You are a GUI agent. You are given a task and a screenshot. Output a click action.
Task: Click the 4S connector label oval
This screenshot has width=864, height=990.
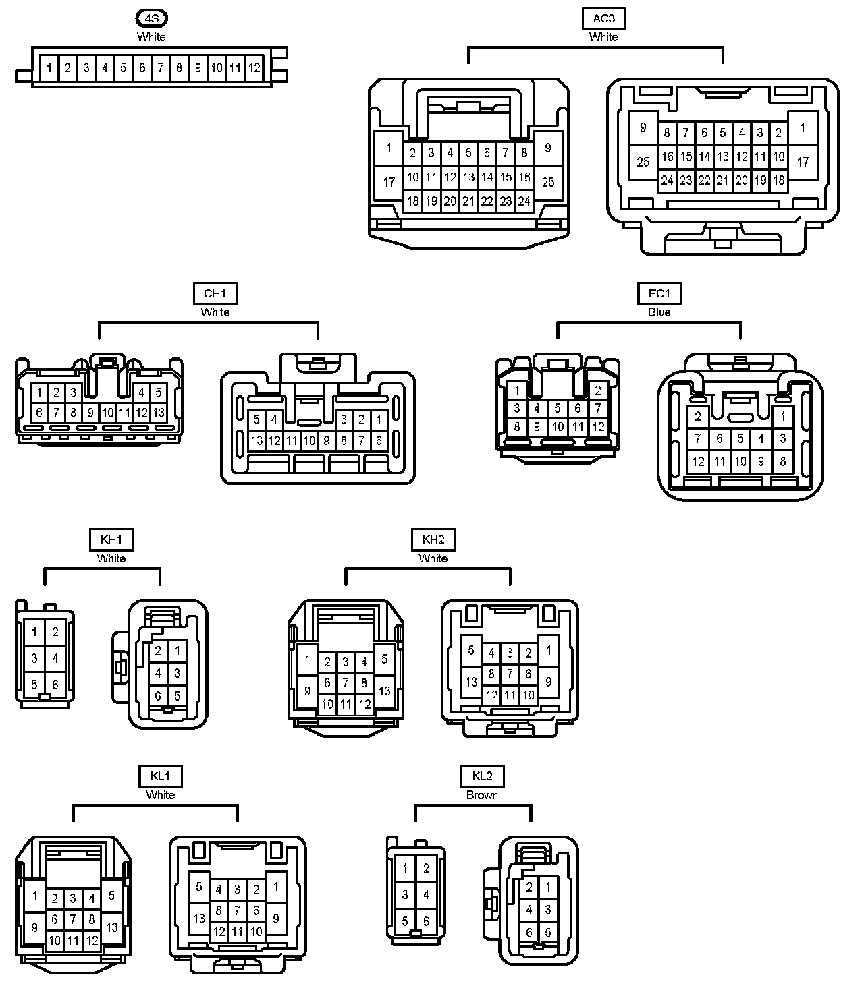point(151,19)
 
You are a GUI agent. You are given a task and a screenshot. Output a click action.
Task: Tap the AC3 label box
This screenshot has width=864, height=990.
point(603,19)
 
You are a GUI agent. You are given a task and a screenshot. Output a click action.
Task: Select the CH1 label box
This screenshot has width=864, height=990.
point(215,294)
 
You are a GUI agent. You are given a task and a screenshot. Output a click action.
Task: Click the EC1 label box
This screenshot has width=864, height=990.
point(659,294)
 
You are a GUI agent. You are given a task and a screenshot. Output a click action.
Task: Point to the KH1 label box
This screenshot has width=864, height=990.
point(111,540)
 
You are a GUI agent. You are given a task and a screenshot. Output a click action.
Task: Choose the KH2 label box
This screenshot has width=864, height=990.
point(433,540)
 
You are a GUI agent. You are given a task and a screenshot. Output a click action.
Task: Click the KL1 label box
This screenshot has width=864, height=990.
point(160,776)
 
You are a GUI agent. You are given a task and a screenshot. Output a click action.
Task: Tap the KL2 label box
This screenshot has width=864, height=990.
point(483,776)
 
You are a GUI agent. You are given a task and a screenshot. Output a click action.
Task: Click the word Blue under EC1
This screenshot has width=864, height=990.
point(659,312)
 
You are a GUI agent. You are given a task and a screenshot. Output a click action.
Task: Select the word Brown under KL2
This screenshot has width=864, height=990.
point(483,795)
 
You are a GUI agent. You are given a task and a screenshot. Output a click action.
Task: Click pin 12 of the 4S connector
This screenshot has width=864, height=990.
point(254,68)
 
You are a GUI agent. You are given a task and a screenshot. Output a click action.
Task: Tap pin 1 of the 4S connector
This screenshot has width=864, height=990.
point(49,68)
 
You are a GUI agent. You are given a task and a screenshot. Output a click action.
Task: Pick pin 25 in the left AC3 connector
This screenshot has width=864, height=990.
point(548,182)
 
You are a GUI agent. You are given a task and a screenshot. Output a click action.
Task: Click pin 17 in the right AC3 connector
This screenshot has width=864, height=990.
point(803,163)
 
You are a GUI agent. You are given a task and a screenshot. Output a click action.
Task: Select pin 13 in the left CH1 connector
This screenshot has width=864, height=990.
point(159,412)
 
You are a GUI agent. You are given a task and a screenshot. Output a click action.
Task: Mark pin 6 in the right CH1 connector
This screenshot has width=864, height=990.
point(379,440)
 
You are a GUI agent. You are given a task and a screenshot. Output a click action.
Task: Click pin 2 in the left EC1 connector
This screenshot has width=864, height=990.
point(598,391)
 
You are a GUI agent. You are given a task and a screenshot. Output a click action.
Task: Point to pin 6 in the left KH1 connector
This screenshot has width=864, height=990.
point(55,685)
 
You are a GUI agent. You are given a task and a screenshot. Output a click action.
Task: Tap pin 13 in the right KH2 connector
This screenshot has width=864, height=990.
point(471,682)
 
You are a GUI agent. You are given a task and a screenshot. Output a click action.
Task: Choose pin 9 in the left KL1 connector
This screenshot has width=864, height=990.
point(34,927)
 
